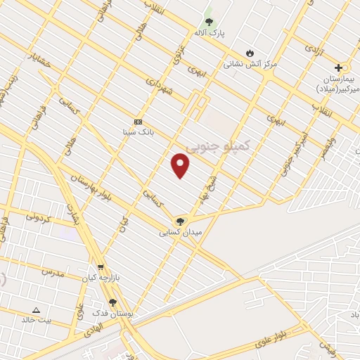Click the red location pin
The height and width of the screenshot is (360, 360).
(x=181, y=166)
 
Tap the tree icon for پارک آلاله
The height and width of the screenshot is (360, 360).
(x=208, y=22)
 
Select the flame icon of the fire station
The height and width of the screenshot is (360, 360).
(x=250, y=53)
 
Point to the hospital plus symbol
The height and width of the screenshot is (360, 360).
(x=339, y=68)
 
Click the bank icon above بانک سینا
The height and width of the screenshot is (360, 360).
(x=137, y=121)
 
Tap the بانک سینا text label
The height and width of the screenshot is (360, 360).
(x=138, y=131)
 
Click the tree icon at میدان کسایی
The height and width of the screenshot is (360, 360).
(x=181, y=221)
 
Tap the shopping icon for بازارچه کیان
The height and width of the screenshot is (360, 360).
(x=102, y=267)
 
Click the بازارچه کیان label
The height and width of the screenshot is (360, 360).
(x=100, y=278)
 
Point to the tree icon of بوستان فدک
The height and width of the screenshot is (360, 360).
(x=112, y=302)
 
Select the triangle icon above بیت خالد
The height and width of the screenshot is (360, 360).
(x=36, y=310)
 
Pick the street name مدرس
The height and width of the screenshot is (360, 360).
(x=53, y=272)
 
